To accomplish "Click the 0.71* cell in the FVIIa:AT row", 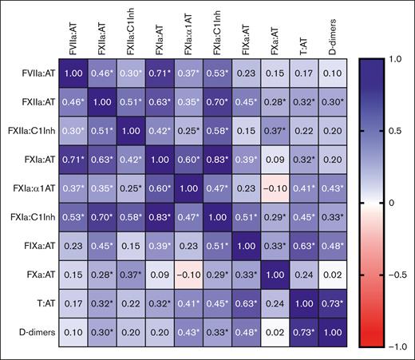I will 156,73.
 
